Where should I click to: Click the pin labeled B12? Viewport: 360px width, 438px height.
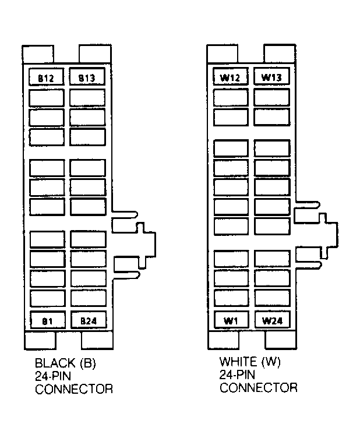point(47,77)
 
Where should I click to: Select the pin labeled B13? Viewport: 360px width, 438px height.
point(87,76)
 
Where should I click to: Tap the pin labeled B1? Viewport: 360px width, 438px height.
point(48,320)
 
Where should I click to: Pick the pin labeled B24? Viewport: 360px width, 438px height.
point(89,320)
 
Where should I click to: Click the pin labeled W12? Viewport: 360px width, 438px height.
point(231,76)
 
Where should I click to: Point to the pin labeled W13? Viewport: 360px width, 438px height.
point(271,76)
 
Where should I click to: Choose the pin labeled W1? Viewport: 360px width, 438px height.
point(231,320)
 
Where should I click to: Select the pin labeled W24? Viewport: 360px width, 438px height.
point(273,320)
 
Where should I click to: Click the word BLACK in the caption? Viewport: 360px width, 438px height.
point(55,363)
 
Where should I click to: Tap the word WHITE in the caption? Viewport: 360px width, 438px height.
point(239,362)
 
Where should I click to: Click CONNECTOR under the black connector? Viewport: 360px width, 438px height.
point(74,389)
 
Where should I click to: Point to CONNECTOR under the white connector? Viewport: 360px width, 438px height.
point(258,388)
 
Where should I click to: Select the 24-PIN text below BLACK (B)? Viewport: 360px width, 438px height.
point(53,376)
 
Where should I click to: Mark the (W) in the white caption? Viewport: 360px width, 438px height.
point(271,362)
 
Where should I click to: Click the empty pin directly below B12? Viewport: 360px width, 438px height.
point(47,98)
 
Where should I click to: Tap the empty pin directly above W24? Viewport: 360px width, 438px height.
point(273,298)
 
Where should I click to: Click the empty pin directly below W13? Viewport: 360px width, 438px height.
point(271,97)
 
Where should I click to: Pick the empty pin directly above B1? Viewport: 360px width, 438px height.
point(48,298)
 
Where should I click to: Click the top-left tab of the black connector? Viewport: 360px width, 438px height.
point(38,54)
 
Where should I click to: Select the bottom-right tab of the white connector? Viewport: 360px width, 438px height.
point(281,340)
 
